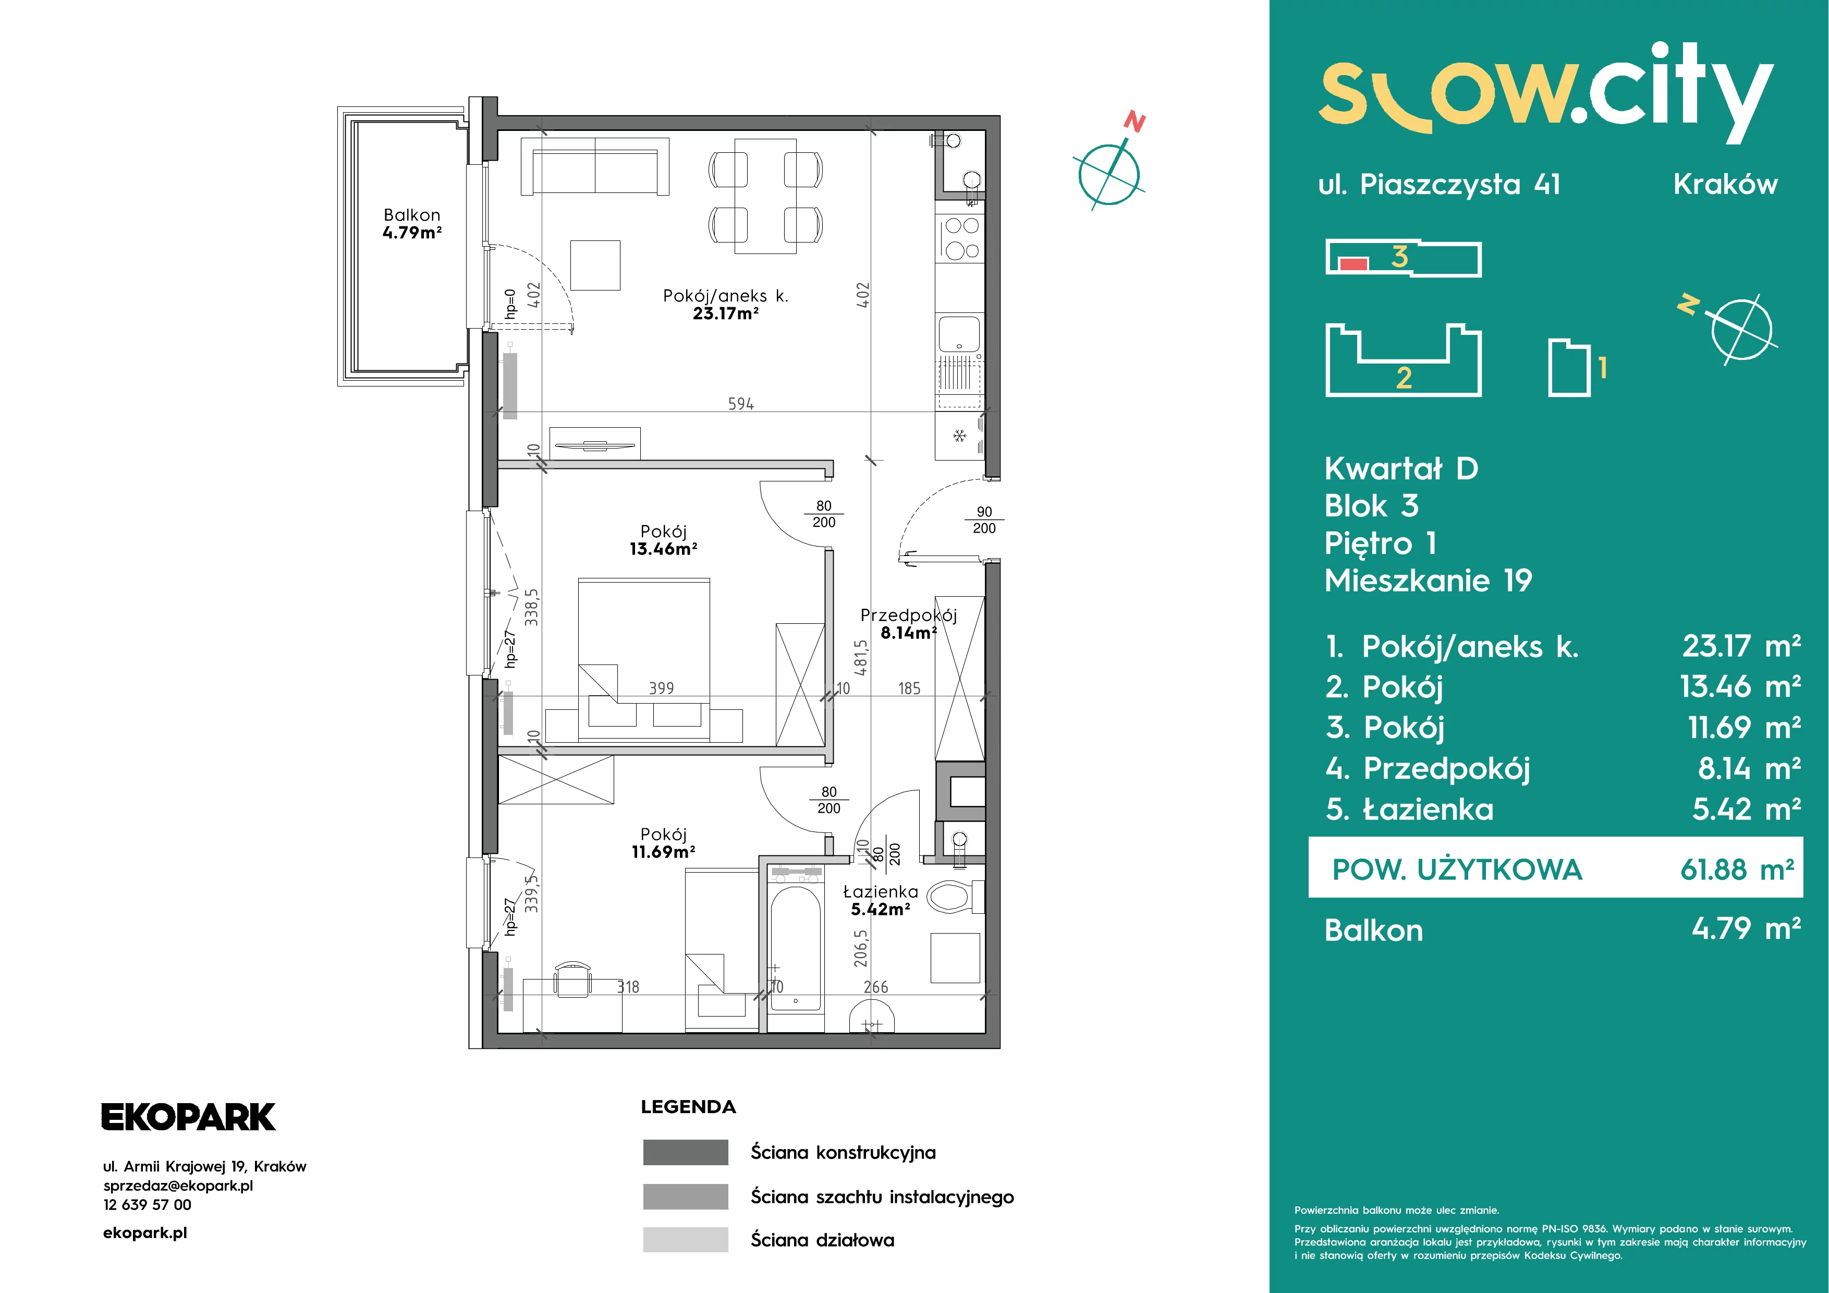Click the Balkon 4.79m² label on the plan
412,224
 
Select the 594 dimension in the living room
741,404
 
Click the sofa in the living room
594,166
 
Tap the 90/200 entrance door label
984,520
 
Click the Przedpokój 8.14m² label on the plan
908,624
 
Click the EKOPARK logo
188,1117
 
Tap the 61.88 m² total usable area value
1737,869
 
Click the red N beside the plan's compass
1135,122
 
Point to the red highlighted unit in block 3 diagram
1354,264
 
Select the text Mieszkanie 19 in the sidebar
1428,581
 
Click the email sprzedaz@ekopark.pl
178,1186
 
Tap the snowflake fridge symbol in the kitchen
959,436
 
